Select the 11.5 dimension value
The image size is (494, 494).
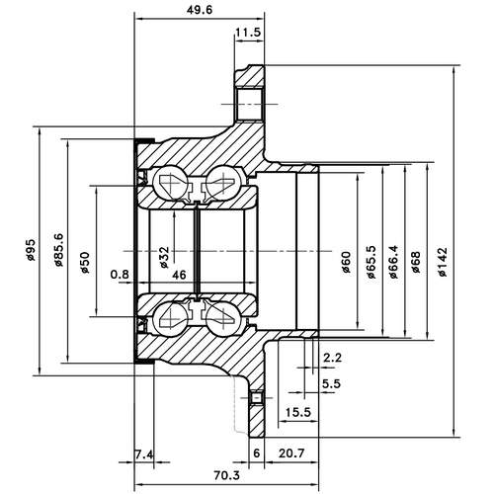tap(248, 33)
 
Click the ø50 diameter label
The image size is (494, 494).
tap(86, 259)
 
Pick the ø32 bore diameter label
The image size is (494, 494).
tap(164, 258)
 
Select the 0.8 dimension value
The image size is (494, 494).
tap(120, 274)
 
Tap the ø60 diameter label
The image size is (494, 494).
tap(346, 262)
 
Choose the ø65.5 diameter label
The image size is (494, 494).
tap(370, 262)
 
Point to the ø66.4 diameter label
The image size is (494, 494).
tap(393, 262)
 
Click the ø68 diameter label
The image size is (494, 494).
tap(415, 262)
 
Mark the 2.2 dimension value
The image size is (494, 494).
tap(332, 358)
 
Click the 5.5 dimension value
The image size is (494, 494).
tap(332, 382)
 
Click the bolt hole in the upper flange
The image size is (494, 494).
tap(250, 104)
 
